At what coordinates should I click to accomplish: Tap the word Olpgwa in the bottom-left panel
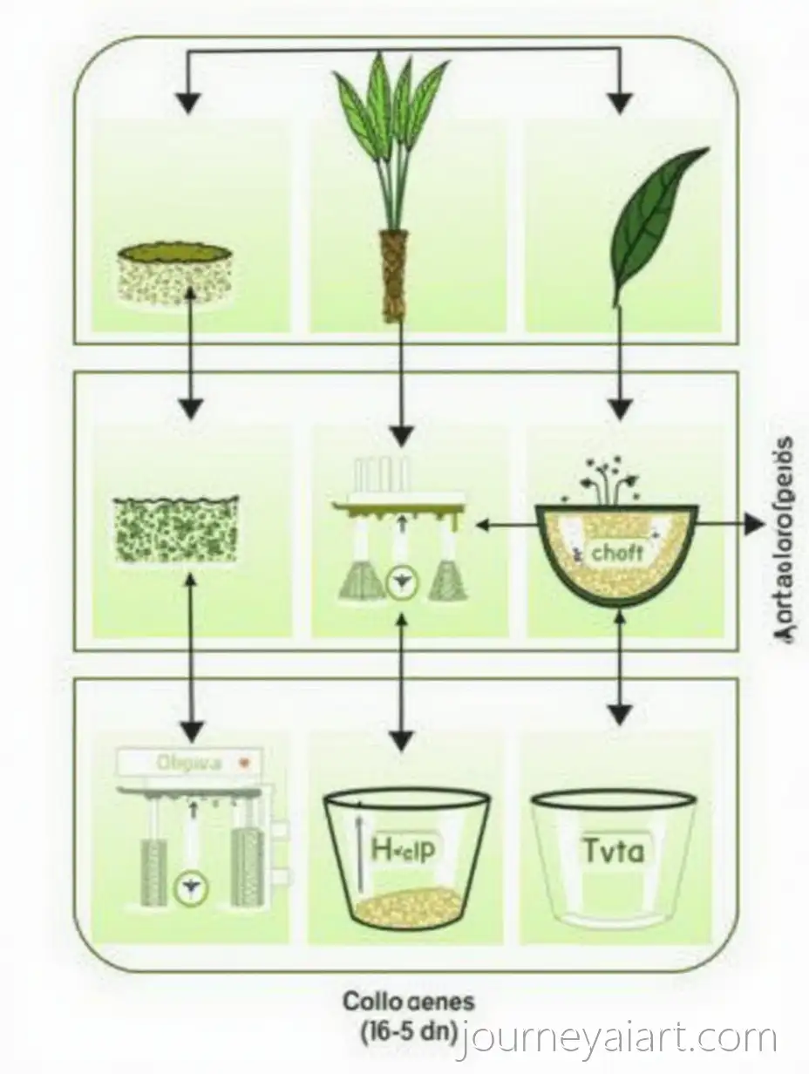point(189,763)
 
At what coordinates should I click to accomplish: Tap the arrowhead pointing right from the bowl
point(754,525)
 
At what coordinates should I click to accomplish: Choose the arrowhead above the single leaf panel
point(619,104)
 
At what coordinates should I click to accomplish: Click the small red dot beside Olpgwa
point(248,762)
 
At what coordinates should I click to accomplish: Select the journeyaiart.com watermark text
point(621,1039)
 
